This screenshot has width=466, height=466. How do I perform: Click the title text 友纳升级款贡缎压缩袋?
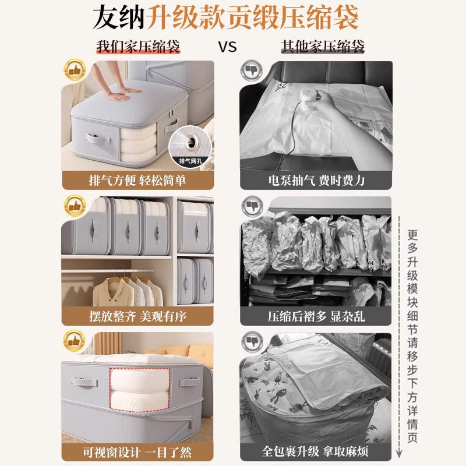pos(233,18)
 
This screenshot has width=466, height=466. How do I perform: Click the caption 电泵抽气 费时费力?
pos(316,180)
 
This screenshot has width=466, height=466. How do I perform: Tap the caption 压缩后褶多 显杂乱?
pos(316,316)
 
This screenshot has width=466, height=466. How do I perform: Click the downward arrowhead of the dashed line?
pos(401,455)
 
